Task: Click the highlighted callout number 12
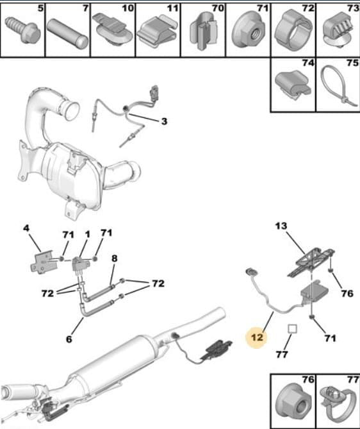tap(257, 337)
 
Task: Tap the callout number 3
tap(164, 121)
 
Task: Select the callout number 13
tap(281, 226)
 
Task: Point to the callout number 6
tap(69, 339)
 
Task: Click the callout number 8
tap(114, 258)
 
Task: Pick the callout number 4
tap(26, 228)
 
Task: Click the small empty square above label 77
tap(292, 328)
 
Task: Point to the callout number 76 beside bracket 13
tap(347, 294)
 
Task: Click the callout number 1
tap(87, 235)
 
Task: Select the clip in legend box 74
tap(293, 84)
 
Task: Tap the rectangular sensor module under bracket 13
tap(314, 292)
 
